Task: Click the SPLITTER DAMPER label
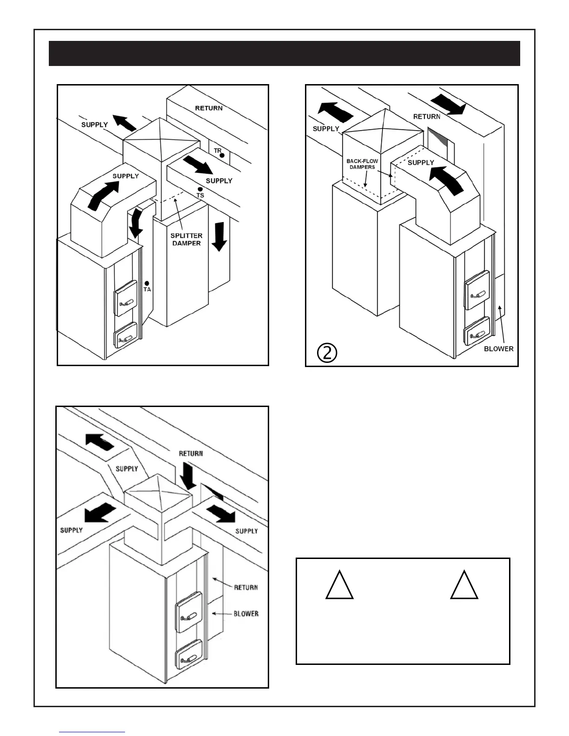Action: point(186,239)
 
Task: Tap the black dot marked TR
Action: point(222,155)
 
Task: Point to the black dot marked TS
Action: point(200,189)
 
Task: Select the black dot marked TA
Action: point(147,283)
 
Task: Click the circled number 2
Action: point(327,353)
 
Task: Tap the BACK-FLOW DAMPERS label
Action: point(362,164)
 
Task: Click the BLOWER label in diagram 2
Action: point(498,348)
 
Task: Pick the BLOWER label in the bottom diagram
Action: point(246,614)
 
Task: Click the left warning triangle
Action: point(339,585)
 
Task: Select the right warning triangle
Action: point(464,585)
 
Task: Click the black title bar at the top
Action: point(284,53)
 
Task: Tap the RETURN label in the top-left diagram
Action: point(209,108)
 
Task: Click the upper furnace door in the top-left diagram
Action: point(126,298)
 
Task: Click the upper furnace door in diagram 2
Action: point(477,290)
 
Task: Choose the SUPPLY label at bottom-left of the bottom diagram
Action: point(72,530)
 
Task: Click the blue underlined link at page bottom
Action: point(92,732)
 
